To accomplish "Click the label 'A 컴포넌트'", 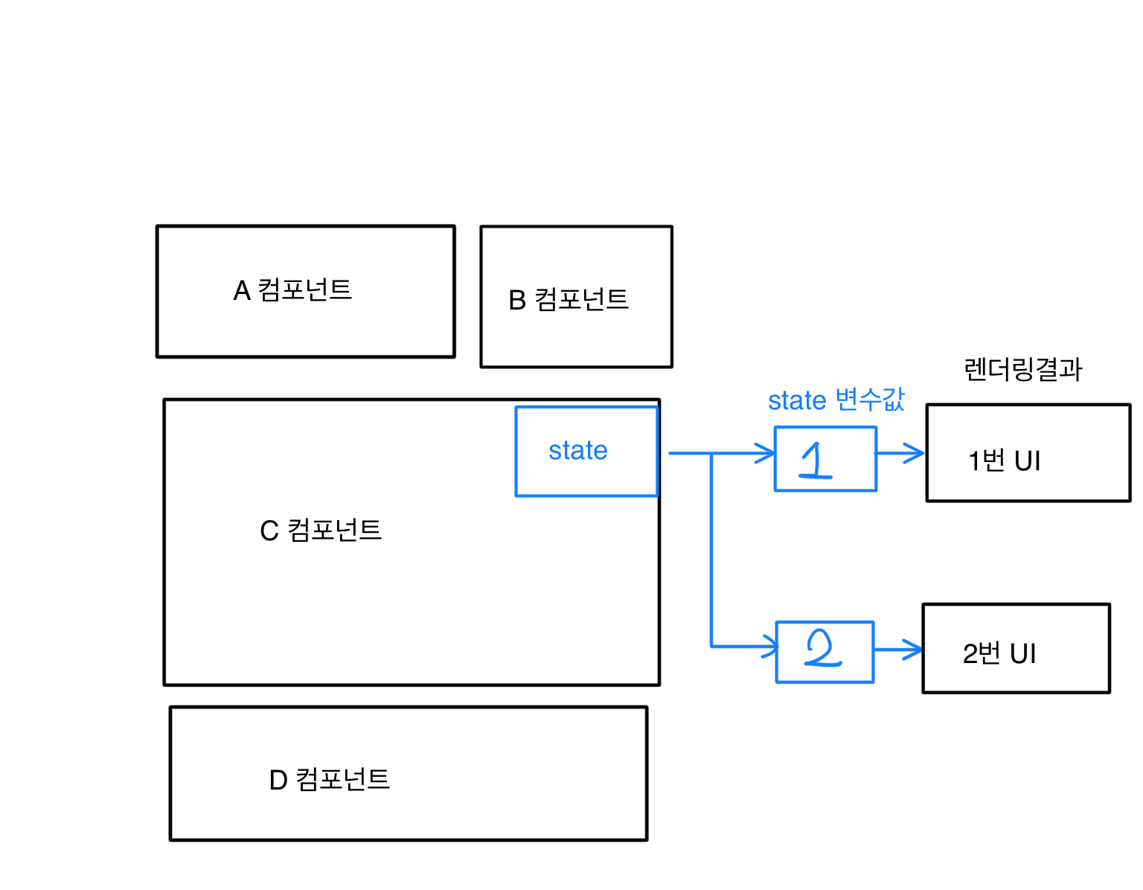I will coord(292,290).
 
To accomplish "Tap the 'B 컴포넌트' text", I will coord(569,300).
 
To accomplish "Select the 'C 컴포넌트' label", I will coord(321,531).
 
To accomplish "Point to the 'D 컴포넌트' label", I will coord(330,780).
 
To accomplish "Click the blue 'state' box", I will coord(586,451).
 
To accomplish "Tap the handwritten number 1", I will coord(817,460).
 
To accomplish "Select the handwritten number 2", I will coord(822,650).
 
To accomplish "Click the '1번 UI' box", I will coord(1028,453).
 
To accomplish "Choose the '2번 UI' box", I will coord(1016,649).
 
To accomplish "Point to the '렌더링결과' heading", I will coord(1023,370).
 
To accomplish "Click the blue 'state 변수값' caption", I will coord(836,400).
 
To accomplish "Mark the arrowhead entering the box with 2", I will coord(770,646).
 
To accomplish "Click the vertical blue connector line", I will coord(712,551).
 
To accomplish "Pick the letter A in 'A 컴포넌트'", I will coord(242,291).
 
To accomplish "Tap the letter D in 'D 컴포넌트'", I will coord(278,781).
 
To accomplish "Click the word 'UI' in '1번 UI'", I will coord(1027,461).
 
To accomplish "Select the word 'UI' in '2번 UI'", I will coord(1022,654).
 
